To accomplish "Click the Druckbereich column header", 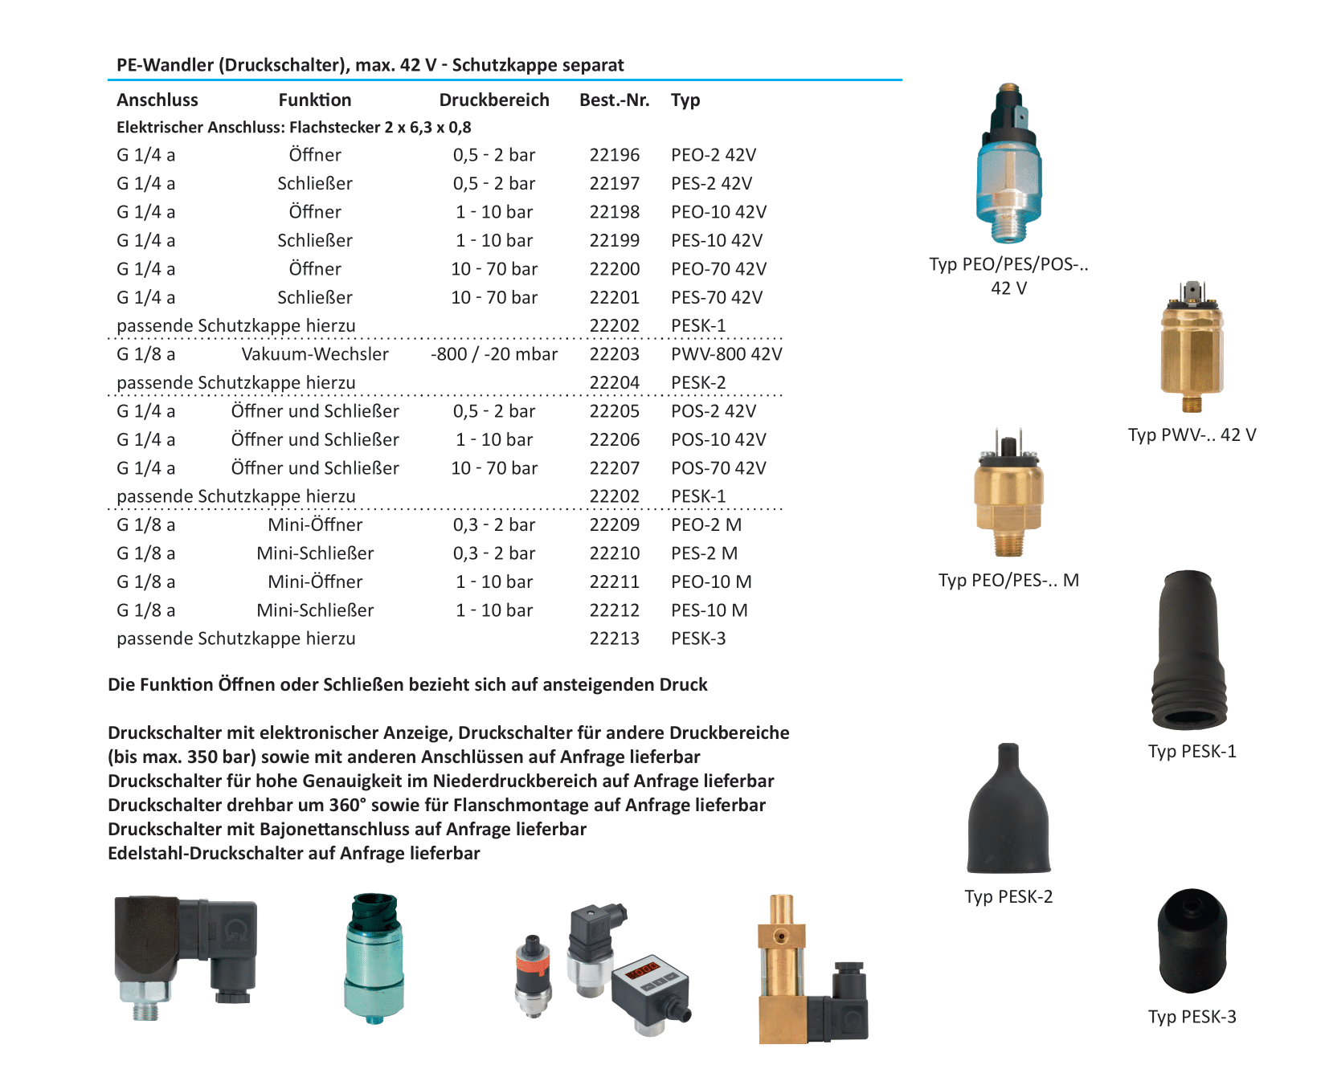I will coord(493,100).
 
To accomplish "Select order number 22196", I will coord(614,155).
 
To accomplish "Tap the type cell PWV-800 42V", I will coord(726,354).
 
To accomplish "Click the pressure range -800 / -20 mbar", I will coord(493,354).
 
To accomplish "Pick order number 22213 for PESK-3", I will coord(614,638).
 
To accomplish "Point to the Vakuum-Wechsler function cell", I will coord(314,354).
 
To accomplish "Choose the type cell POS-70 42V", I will coord(718,468).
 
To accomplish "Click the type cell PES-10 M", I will coord(709,610).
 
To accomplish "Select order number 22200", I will coord(614,269).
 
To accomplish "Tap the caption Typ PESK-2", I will coord(1008,896).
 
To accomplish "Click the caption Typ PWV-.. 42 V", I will coord(1191,435).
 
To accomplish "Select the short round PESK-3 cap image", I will coord(1192,940).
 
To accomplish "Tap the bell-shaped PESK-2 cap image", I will coord(1008,811).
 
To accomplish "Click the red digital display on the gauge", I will coord(643,970).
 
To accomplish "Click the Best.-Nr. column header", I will coord(614,100).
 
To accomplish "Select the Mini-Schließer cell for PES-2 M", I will coord(314,553).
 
